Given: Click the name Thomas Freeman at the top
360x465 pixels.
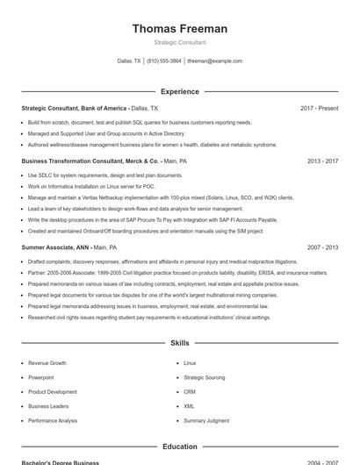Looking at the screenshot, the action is click(x=180, y=29).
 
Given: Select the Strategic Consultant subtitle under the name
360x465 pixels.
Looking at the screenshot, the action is click(x=180, y=42).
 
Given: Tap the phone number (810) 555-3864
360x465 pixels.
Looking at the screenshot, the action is click(x=164, y=61).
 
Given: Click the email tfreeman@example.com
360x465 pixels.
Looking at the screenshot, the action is click(x=214, y=61).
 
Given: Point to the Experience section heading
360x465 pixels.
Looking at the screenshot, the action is click(x=180, y=91).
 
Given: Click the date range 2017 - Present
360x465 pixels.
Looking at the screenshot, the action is click(x=319, y=108).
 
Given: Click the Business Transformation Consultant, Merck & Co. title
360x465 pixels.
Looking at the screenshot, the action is click(x=91, y=161).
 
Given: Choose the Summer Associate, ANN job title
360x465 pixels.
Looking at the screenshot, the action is click(x=56, y=248).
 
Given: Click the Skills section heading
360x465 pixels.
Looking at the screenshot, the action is click(x=180, y=343).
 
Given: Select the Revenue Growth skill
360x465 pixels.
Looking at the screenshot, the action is click(x=47, y=362).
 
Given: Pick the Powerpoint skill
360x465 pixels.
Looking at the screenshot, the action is click(x=42, y=377).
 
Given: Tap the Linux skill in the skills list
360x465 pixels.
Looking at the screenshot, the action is click(x=191, y=362).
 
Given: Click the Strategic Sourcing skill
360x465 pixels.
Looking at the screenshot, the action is click(x=205, y=377).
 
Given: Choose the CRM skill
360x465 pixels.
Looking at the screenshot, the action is click(x=190, y=392).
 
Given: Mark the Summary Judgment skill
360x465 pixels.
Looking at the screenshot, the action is click(x=206, y=421).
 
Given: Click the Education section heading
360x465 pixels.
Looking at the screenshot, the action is click(x=180, y=447).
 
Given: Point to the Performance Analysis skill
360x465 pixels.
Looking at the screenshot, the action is click(x=53, y=421).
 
